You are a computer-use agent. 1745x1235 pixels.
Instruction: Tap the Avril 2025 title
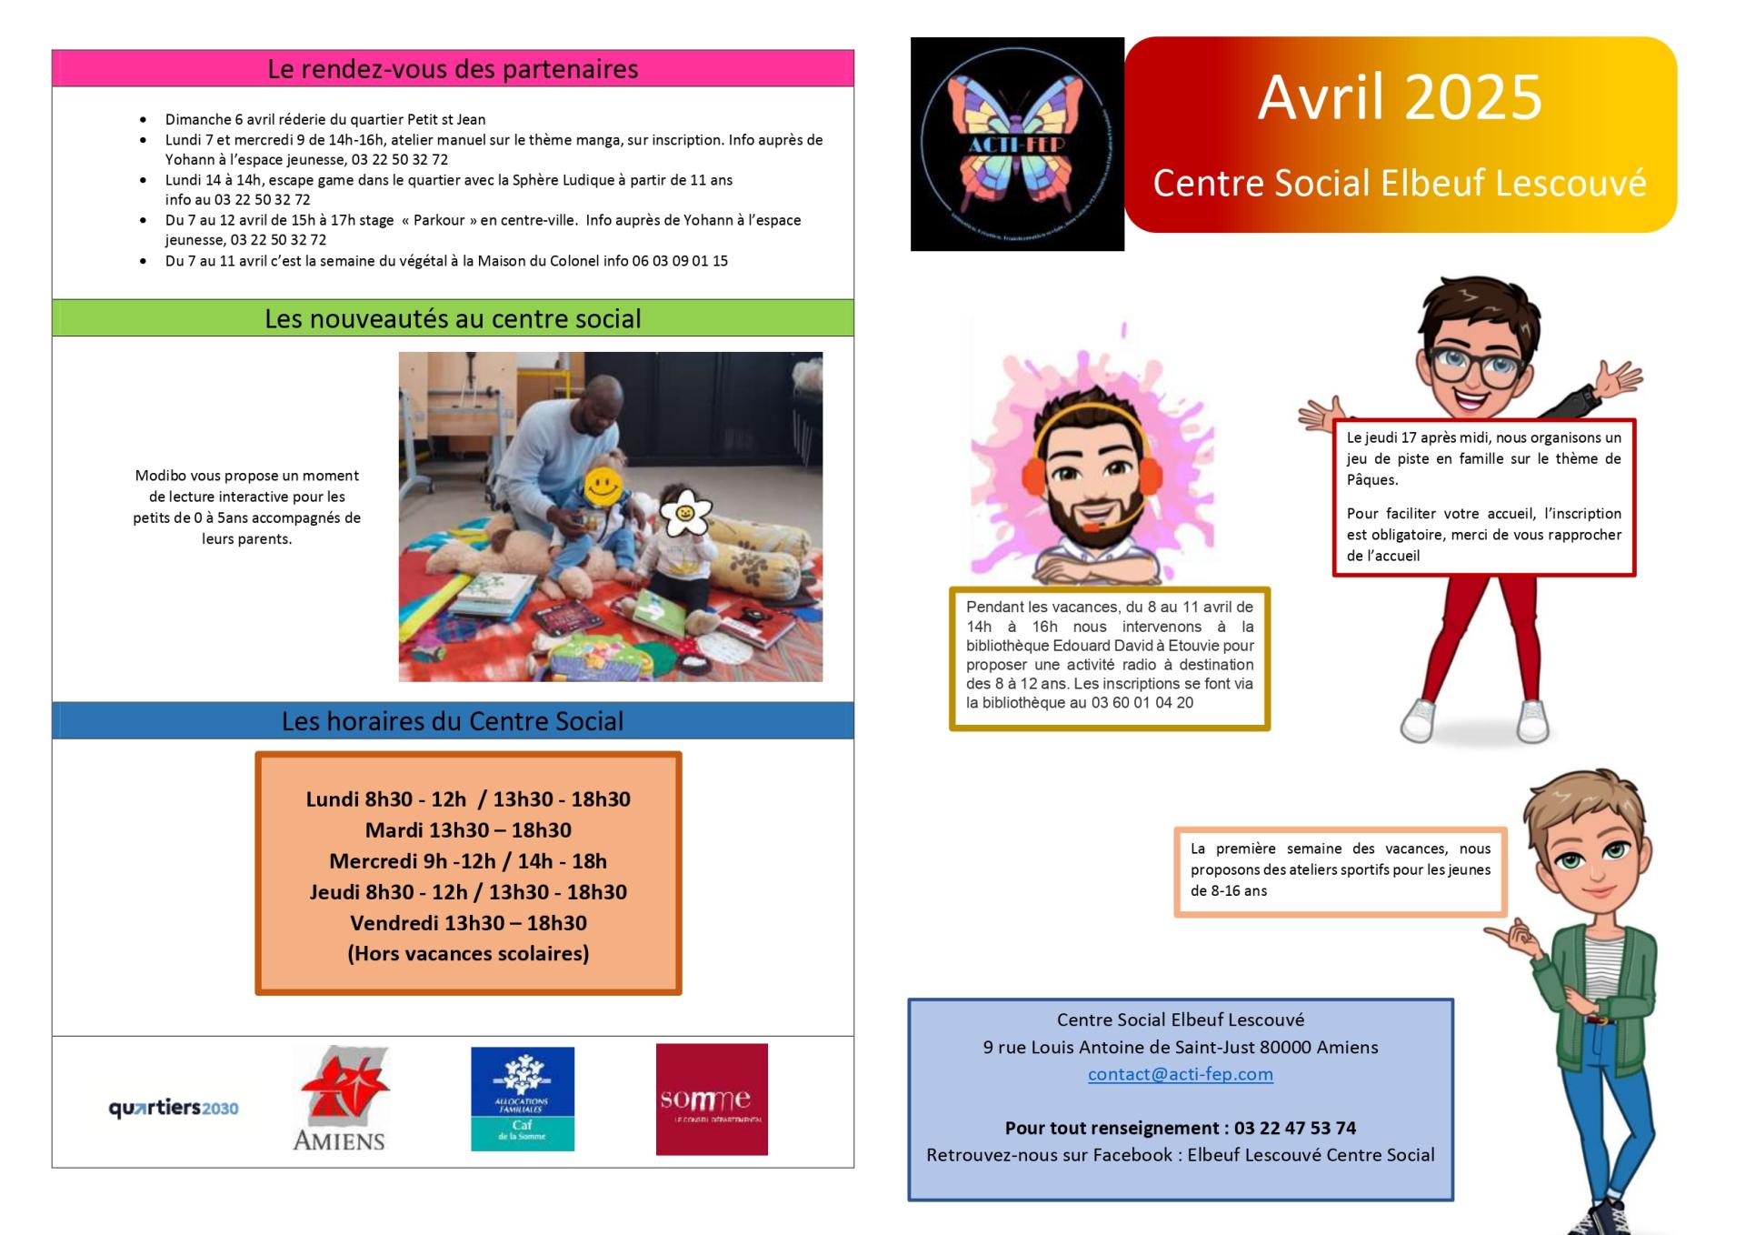coord(1400,97)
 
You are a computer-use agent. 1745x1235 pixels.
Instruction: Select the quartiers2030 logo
coord(174,1109)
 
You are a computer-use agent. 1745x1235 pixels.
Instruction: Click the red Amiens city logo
coord(340,1099)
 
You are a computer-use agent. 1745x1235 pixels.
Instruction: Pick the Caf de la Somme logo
coord(523,1099)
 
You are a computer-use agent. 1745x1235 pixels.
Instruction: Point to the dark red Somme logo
coord(712,1099)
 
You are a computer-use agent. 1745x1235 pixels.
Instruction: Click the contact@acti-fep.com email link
coord(1181,1074)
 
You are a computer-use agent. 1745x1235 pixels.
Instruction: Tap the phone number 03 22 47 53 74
coord(1294,1128)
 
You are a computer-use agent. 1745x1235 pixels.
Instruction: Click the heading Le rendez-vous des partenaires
coord(453,69)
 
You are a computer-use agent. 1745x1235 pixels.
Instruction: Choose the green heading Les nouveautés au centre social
coord(453,318)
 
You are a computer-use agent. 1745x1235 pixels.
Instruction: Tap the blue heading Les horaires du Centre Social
coord(453,721)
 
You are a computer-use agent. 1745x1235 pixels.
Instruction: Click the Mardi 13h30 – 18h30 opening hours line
coord(468,830)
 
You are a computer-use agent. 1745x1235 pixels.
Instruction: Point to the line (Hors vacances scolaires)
coord(468,953)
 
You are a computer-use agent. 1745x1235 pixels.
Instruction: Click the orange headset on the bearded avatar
coord(1033,471)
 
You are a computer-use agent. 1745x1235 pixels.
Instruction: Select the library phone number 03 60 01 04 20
coord(1142,703)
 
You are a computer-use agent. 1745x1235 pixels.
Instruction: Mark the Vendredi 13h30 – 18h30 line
coord(468,923)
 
